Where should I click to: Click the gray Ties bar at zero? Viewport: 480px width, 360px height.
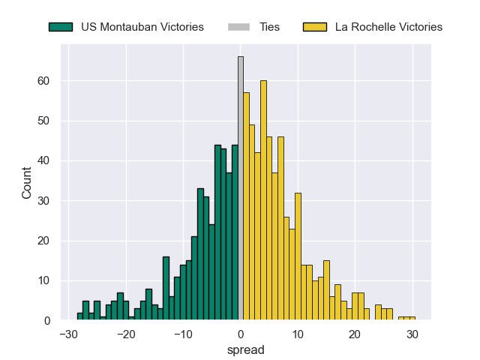pyautogui.click(x=241, y=188)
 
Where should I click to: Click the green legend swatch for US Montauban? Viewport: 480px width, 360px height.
pyautogui.click(x=61, y=27)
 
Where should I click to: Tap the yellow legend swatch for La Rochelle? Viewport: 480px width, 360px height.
pyautogui.click(x=315, y=27)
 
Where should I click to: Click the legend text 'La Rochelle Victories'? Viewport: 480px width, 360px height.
pyautogui.click(x=388, y=27)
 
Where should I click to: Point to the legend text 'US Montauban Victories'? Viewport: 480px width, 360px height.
pyautogui.click(x=142, y=27)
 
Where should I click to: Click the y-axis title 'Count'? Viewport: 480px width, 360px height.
pyautogui.click(x=27, y=184)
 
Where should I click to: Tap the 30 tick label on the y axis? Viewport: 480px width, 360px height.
pyautogui.click(x=46, y=200)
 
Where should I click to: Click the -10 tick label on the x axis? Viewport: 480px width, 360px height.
pyautogui.click(x=183, y=334)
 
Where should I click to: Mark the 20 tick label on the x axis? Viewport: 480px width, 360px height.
pyautogui.click(x=355, y=334)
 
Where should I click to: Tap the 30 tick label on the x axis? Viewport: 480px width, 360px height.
pyautogui.click(x=412, y=334)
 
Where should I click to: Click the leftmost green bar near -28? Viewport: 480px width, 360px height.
pyautogui.click(x=79, y=316)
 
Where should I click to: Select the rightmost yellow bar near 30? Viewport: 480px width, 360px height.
pyautogui.click(x=412, y=318)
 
